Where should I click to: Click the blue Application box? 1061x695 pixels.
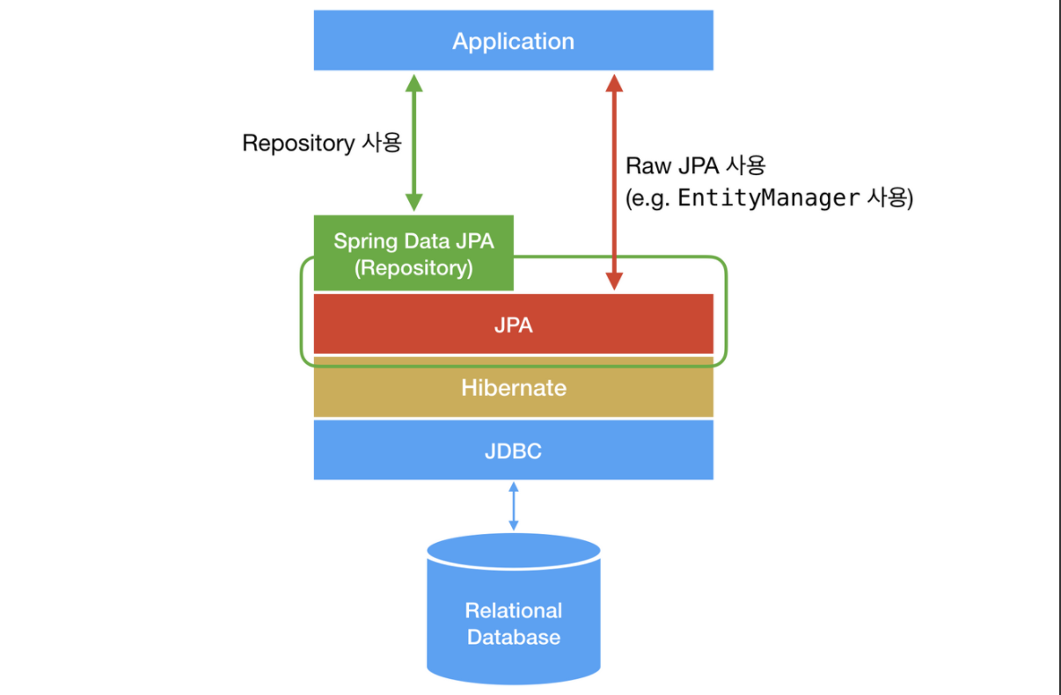[x=513, y=40]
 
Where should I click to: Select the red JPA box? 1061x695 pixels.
[x=513, y=324]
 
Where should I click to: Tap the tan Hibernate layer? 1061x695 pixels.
[x=513, y=387]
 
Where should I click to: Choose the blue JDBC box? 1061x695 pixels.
[x=513, y=450]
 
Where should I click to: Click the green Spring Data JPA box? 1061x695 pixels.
[x=413, y=253]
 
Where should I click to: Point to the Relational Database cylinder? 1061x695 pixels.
[x=513, y=607]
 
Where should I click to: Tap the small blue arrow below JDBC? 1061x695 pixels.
[x=513, y=506]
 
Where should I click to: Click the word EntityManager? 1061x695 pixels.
[x=767, y=198]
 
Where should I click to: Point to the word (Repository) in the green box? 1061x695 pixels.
[x=413, y=267]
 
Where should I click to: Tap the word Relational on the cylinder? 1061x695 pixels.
[x=513, y=610]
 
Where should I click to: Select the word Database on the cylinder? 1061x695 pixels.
[x=513, y=637]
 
